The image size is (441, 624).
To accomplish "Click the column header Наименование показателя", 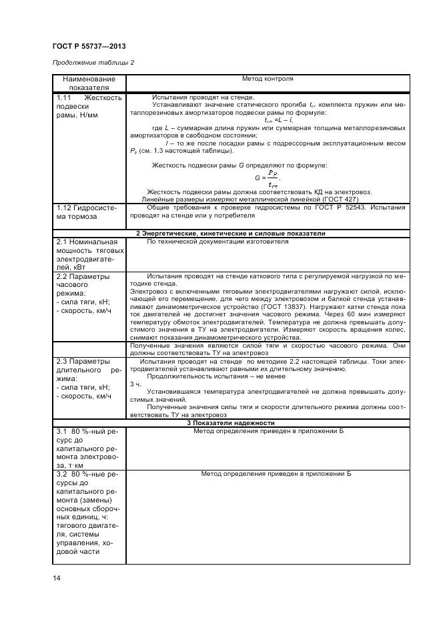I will tap(89, 83).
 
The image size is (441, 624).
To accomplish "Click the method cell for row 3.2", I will tap(276, 473).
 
